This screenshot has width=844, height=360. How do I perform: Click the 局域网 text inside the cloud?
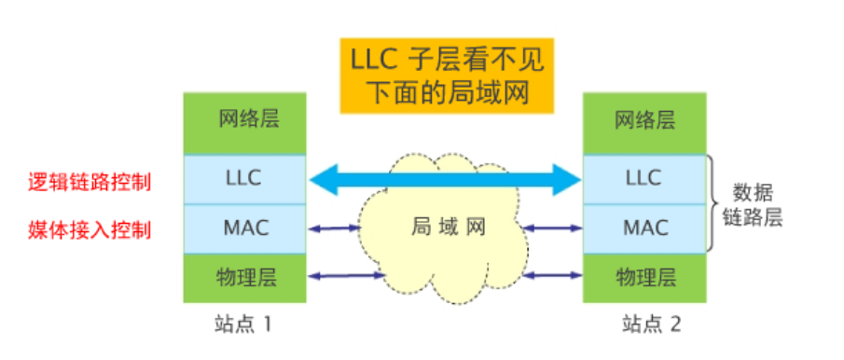(444, 226)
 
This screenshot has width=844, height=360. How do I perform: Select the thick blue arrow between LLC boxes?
(444, 178)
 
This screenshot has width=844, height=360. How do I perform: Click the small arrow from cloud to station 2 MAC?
(552, 227)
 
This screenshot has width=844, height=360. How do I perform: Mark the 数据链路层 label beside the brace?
(755, 205)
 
